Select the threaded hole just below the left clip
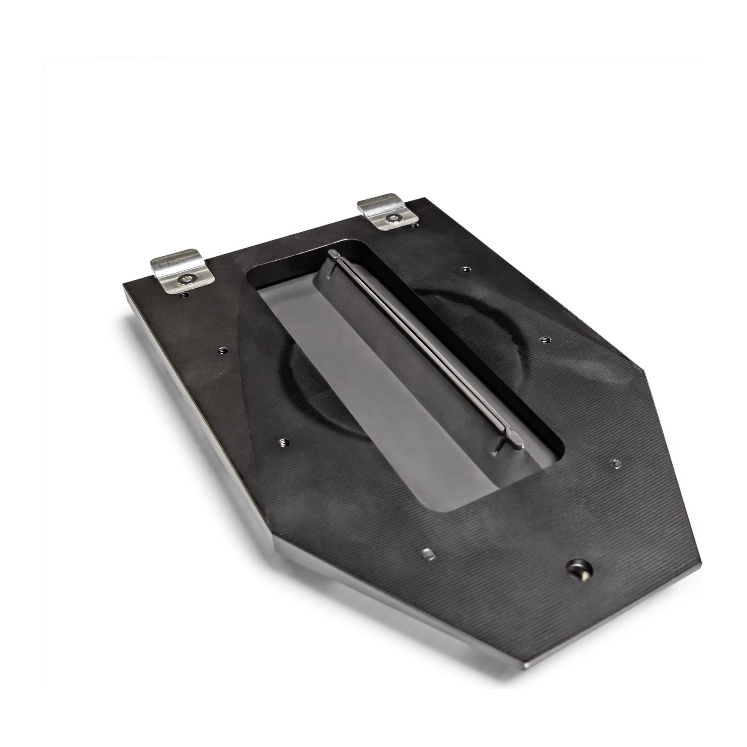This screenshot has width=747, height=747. tap(184, 295)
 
